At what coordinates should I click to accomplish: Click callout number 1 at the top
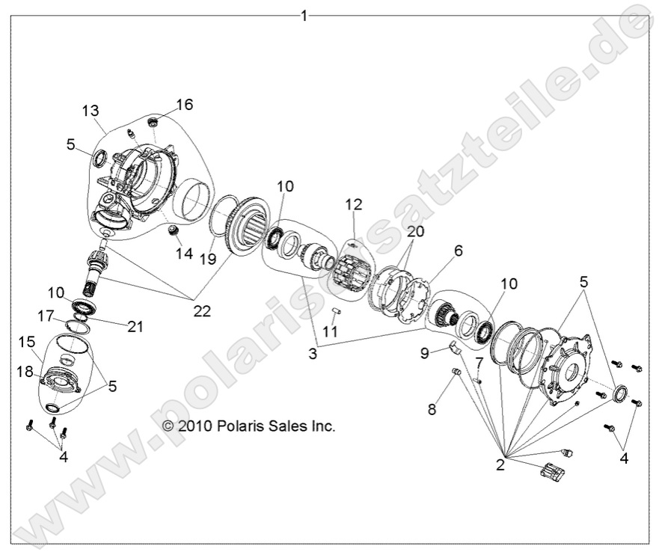[x=303, y=15]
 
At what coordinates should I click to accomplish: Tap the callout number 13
[x=91, y=111]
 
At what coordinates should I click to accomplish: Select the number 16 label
[x=184, y=104]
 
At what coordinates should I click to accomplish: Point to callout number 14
[x=184, y=253]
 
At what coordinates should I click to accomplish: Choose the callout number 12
[x=353, y=203]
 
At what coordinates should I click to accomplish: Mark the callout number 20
[x=415, y=231]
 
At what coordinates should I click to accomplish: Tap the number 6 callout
[x=459, y=251]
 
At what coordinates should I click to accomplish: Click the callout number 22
[x=202, y=310]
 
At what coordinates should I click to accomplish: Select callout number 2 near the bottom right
[x=500, y=465]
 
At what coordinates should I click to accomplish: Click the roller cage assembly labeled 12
[x=354, y=274]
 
